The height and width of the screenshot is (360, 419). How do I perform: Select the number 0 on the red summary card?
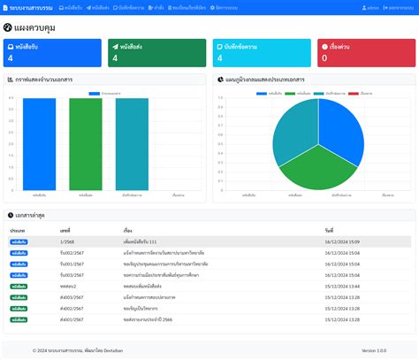[324, 58]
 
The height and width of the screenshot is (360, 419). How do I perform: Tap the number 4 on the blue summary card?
[10, 58]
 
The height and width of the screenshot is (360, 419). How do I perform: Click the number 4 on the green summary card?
[115, 58]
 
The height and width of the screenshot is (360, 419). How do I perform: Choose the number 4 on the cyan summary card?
[219, 58]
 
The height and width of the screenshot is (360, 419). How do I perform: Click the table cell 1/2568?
[67, 241]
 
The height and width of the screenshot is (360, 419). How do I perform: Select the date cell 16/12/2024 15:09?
[343, 241]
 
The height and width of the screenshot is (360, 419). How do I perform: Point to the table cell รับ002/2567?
[72, 252]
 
